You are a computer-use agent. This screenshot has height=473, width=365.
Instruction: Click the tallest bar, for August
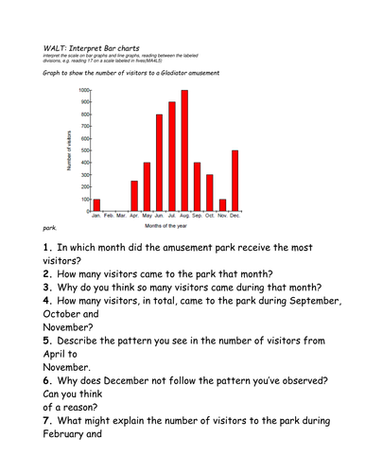[184, 151]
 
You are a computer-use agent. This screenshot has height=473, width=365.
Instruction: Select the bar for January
[96, 205]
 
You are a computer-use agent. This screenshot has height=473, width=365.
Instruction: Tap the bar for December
[235, 181]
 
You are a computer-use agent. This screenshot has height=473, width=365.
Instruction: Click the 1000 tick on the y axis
[85, 91]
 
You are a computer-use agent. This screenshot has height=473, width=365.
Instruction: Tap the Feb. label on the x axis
[109, 217]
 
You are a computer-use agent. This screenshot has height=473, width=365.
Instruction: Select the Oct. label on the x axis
[210, 217]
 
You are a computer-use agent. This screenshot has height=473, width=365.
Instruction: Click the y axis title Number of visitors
[71, 151]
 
